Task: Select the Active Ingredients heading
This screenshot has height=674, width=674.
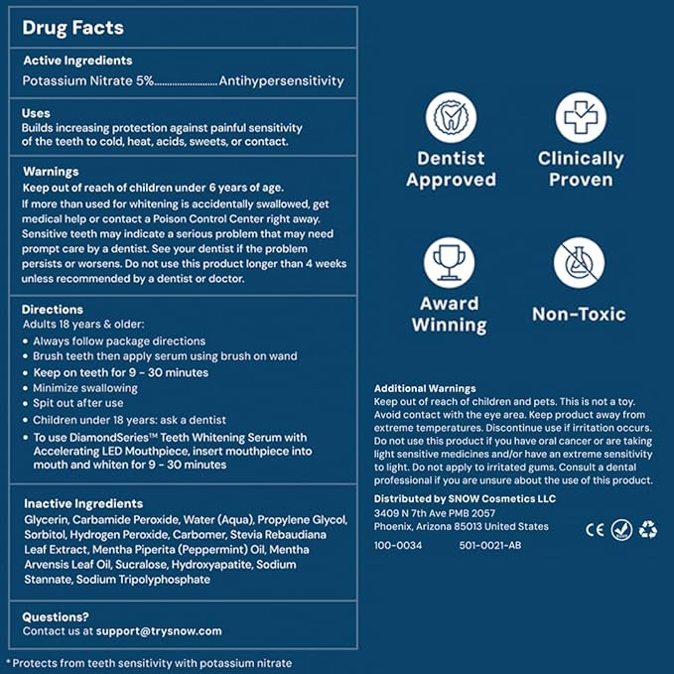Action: (77, 61)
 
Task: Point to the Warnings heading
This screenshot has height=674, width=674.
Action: (51, 171)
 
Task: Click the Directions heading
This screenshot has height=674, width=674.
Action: (53, 309)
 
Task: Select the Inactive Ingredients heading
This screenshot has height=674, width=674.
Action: (82, 503)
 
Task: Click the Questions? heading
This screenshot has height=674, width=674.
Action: (56, 615)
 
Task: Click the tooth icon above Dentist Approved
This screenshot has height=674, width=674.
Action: (451, 118)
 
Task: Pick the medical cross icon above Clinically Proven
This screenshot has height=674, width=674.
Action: (580, 118)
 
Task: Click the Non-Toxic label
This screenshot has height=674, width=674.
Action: (579, 314)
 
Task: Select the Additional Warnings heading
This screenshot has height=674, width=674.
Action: (425, 388)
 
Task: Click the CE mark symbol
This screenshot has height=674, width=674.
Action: (595, 529)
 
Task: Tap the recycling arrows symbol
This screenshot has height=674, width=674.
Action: (648, 529)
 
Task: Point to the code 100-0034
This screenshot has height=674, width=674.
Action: (398, 545)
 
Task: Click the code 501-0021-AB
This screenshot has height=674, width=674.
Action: (484, 545)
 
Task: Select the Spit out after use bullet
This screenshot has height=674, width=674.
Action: (76, 404)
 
